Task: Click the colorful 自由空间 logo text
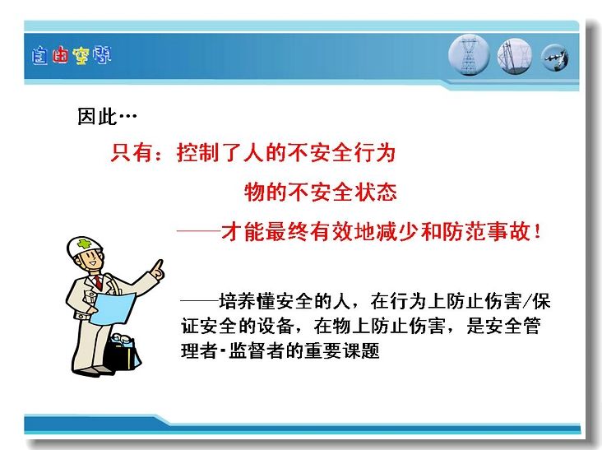(72, 56)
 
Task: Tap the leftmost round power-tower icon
(469, 55)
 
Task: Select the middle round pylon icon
(515, 56)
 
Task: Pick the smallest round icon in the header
(555, 58)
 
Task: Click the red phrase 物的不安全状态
(320, 192)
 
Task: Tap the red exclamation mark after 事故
(537, 231)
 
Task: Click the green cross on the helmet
(83, 244)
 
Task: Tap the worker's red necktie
(99, 282)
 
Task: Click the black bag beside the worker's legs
(122, 352)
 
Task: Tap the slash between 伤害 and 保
(527, 301)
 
